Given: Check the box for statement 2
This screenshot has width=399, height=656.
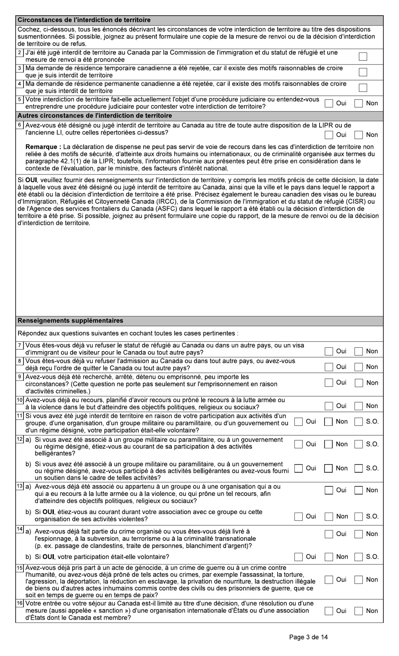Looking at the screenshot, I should click(x=363, y=57).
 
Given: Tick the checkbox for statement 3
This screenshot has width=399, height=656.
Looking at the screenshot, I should click(x=363, y=72).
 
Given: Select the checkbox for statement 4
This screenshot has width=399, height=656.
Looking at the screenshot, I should click(x=363, y=88).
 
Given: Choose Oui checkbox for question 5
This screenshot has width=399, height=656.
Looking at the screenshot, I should click(x=329, y=103).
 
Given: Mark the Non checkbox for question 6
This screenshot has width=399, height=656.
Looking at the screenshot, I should click(x=358, y=135).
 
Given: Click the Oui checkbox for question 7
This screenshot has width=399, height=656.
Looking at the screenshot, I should click(x=329, y=351).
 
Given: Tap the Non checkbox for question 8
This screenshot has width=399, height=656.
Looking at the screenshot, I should click(x=358, y=367).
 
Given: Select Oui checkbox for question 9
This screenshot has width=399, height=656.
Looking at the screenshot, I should click(x=329, y=383).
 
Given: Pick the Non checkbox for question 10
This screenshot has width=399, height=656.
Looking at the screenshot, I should click(x=358, y=406).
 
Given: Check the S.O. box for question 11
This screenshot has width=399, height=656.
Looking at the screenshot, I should click(x=358, y=422).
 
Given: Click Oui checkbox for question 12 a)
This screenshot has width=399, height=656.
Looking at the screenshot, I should click(x=299, y=444).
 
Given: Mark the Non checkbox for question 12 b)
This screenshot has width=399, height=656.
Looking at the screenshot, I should click(x=328, y=468).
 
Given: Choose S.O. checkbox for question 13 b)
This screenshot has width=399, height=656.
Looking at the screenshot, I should click(x=358, y=517).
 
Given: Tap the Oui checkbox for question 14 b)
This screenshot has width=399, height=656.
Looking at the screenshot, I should click(x=299, y=557).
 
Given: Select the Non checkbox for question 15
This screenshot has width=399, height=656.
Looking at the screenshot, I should click(x=358, y=580).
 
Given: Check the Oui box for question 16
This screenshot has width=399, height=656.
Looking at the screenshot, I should click(x=329, y=611).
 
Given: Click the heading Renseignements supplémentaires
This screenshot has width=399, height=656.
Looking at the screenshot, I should click(x=70, y=321).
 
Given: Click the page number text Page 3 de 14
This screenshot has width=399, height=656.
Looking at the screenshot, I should click(x=309, y=637).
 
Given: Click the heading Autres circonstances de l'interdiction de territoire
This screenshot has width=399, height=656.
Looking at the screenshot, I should click(x=94, y=116).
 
